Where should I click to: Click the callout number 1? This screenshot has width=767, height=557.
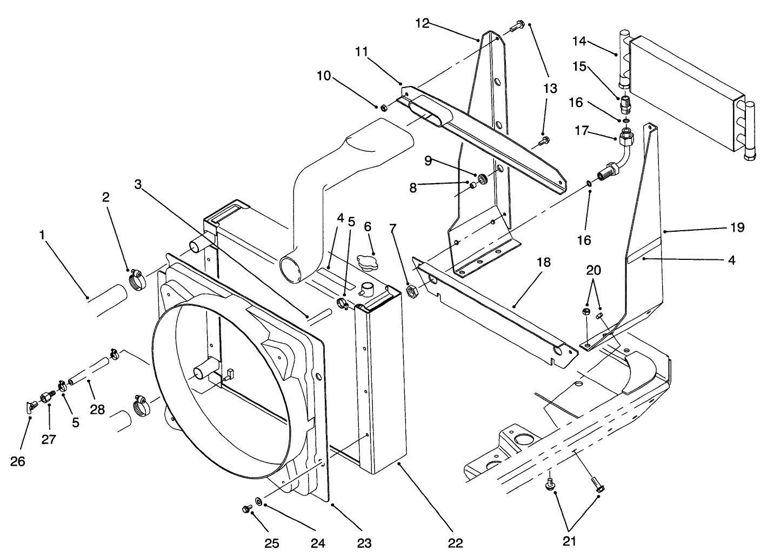[42, 235]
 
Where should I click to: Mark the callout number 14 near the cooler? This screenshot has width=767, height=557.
[579, 41]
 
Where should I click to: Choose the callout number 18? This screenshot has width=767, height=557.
[543, 263]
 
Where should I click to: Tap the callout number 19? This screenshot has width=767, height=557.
[737, 227]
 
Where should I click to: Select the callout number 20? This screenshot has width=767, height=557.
[593, 270]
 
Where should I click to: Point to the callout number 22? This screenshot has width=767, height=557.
[455, 542]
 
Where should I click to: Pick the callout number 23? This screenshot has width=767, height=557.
[365, 542]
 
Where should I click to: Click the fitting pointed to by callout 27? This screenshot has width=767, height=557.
[46, 398]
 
